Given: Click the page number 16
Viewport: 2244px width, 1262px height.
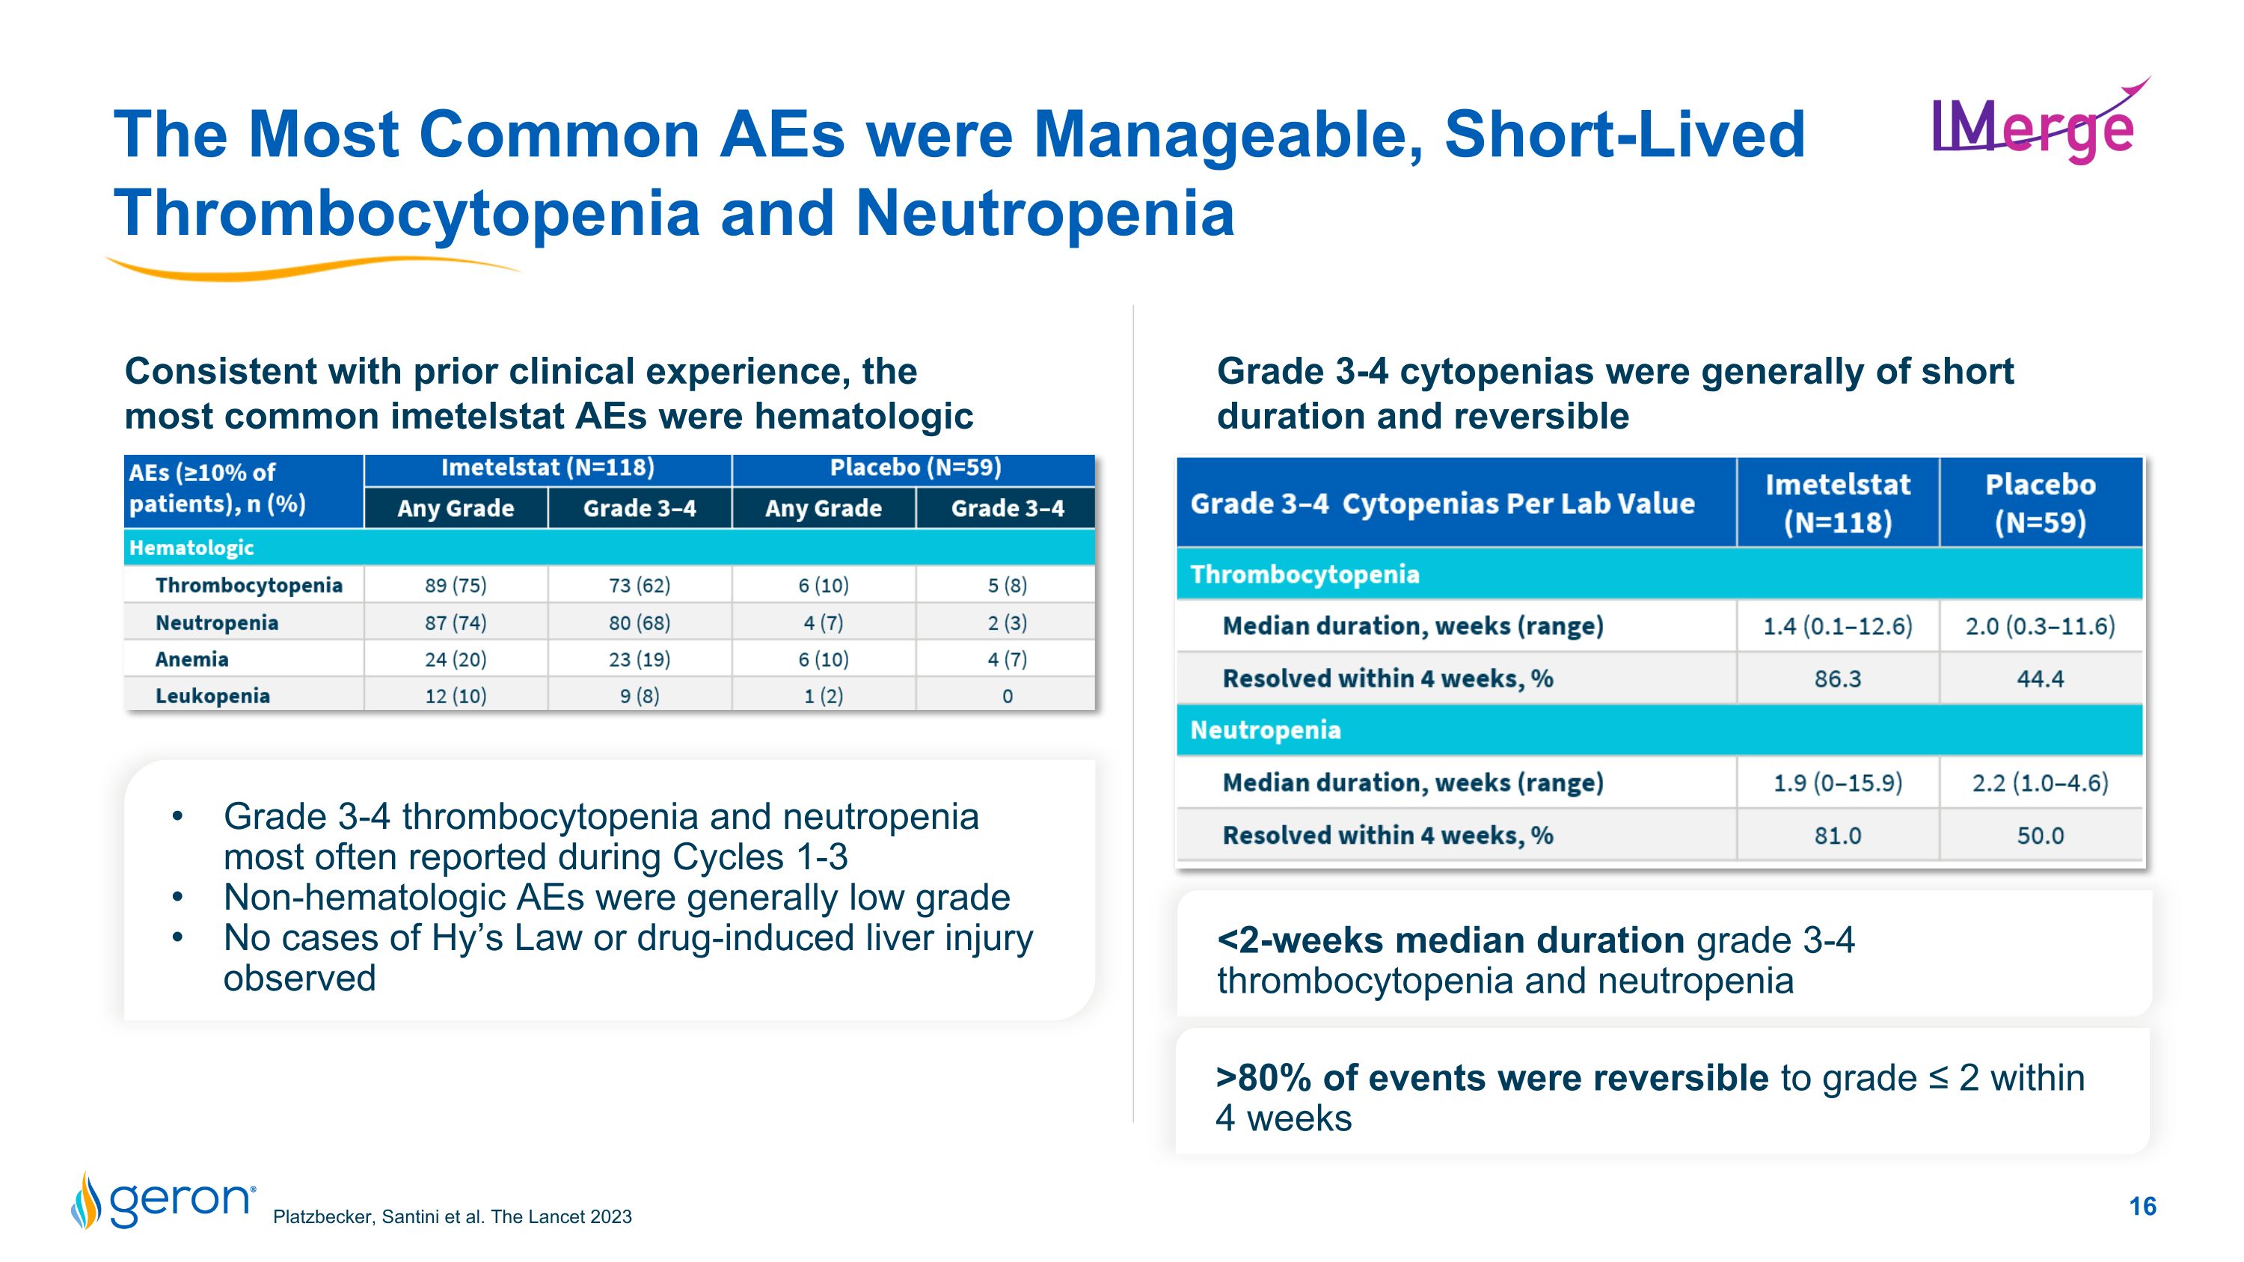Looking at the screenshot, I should point(2142,1206).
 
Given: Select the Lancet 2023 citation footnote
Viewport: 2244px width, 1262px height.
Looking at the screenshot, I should point(452,1216).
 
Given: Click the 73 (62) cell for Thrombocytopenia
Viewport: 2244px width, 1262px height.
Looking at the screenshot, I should point(640,585).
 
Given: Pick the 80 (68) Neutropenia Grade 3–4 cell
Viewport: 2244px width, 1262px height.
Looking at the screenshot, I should point(640,622).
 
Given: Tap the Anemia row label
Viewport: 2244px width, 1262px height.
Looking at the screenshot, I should point(191,659).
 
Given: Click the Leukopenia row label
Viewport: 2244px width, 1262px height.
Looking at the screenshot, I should point(212,696).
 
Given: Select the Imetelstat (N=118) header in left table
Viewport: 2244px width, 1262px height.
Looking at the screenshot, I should point(547,468).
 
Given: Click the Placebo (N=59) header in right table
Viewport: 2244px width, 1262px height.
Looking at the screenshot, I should point(2040,503).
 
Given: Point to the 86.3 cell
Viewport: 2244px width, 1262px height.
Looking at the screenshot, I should point(1837,679).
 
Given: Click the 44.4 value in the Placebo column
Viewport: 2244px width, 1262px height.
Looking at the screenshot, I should point(2040,679).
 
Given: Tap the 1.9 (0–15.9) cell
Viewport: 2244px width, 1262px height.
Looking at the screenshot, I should point(1837,783).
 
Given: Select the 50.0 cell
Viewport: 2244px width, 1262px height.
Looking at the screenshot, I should point(2040,836).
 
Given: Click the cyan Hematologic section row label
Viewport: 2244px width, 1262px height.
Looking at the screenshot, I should point(191,548).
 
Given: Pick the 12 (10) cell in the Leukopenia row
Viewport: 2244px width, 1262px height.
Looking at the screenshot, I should point(456,696).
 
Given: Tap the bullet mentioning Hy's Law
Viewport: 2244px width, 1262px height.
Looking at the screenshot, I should point(628,939).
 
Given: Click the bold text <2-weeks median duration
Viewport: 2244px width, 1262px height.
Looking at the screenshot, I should point(1450,940).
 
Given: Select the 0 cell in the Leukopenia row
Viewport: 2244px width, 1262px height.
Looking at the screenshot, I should point(1007,696).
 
